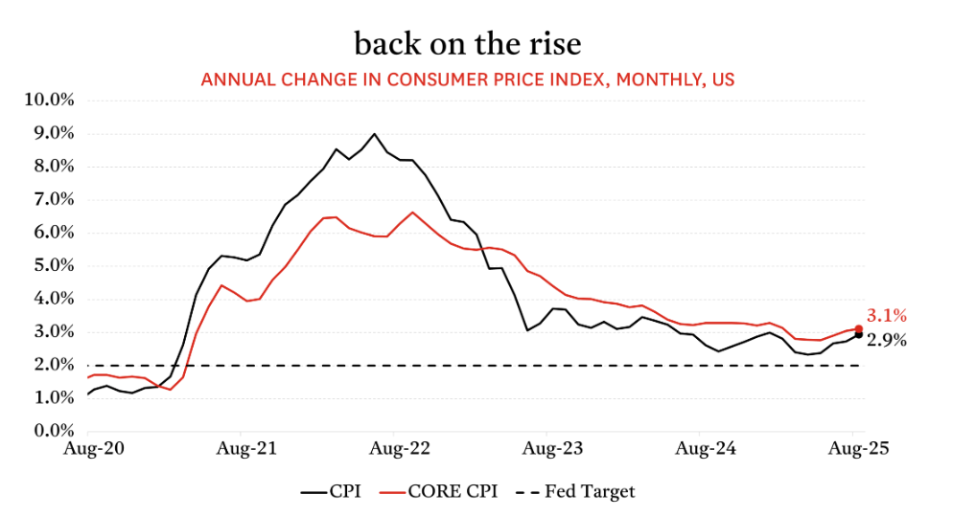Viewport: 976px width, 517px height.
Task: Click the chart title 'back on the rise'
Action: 467,44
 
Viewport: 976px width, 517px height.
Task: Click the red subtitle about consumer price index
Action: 468,79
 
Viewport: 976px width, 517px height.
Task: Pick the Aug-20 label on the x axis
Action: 88,447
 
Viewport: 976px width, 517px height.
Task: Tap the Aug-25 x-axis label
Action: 856,447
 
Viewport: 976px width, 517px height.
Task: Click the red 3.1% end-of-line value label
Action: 887,315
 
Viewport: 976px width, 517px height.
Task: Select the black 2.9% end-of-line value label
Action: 887,340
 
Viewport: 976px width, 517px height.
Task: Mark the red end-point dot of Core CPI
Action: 859,328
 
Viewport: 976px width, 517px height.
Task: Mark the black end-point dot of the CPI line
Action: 858,335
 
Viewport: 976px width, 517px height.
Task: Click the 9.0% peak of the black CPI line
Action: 374,134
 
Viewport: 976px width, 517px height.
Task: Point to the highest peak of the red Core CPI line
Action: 412,213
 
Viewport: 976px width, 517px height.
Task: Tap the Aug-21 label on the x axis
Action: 243,447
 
